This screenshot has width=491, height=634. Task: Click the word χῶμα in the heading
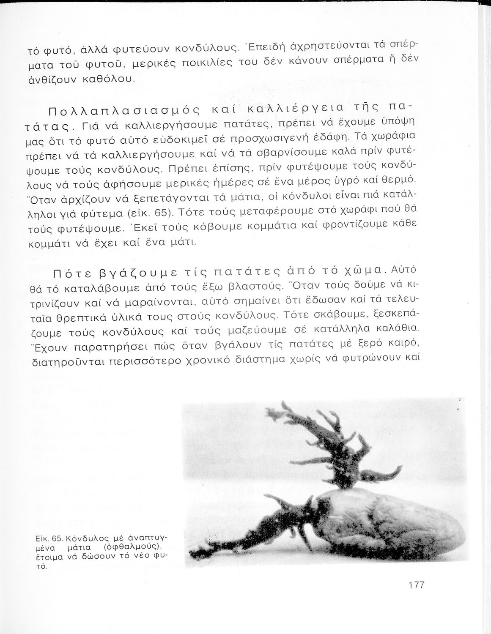(364, 269)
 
